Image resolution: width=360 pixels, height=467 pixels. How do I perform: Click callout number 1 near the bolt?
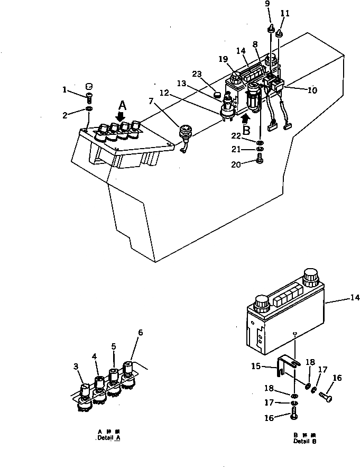(x=64, y=90)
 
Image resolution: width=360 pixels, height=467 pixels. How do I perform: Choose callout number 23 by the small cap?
(x=197, y=74)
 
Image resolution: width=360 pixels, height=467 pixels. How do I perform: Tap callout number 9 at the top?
(x=267, y=4)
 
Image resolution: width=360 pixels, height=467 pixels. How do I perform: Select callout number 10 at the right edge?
(x=312, y=90)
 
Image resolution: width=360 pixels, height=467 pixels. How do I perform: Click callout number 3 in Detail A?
(x=76, y=365)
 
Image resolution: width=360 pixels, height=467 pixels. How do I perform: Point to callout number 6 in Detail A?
(x=141, y=333)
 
